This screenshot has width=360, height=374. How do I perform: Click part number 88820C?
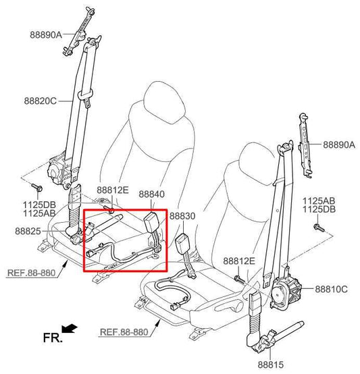coord(41,101)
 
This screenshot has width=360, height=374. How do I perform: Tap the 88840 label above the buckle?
coord(152,194)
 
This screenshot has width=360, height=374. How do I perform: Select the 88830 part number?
coord(182,216)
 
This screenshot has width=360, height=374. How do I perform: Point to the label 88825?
coord(28,231)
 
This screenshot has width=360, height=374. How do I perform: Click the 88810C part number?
coord(332,289)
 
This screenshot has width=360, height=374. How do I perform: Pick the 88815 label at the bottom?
coord(271,365)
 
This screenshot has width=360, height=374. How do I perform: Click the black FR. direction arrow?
coord(69,328)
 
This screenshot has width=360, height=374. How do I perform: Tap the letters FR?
coord(53,338)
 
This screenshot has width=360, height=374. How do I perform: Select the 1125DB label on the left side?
coord(39,205)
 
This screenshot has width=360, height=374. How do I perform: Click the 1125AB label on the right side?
coord(319,201)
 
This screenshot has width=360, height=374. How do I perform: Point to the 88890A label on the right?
coord(339,144)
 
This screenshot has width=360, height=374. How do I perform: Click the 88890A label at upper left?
coord(46,35)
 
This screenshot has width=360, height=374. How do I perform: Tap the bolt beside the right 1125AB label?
coord(319,228)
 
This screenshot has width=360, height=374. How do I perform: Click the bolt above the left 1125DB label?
coord(37,188)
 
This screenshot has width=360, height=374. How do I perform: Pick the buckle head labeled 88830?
coord(182,243)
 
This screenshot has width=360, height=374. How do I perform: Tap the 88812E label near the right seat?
coord(239,261)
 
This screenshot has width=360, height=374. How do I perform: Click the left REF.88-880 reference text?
coord(32,273)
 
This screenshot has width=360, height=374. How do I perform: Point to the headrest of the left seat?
coord(165,102)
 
